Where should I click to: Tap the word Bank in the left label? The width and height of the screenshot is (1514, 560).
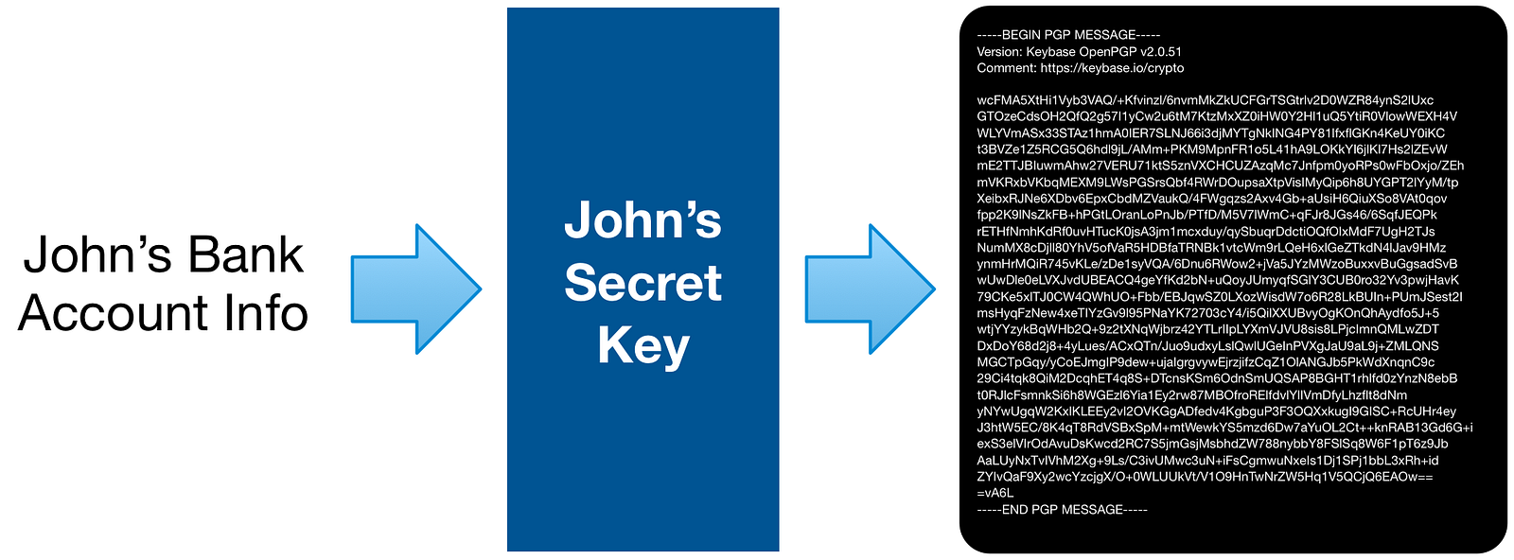(246, 255)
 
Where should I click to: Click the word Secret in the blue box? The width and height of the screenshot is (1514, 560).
(643, 283)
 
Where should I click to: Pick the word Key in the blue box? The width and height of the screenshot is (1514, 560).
(643, 345)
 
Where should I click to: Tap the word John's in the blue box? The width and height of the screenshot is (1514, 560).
(643, 219)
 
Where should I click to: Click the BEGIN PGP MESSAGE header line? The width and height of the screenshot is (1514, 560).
(1068, 35)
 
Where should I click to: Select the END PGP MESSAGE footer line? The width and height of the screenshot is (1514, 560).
(1062, 510)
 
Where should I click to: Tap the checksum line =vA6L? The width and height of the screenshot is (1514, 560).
(995, 493)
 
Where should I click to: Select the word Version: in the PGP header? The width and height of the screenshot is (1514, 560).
(999, 52)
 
